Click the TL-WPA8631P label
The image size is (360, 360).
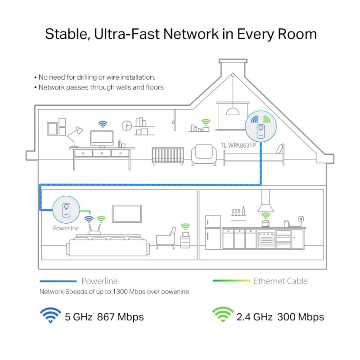point(238,145)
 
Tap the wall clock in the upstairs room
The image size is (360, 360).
point(127,126)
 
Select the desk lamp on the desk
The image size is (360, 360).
point(75,137)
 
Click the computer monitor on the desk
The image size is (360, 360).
point(102,139)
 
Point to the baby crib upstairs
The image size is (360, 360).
point(168,156)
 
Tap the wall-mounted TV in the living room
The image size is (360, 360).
point(127,214)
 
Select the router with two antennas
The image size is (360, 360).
point(94,229)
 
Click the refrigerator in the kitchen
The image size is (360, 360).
point(213,232)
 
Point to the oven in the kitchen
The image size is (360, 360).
point(266,239)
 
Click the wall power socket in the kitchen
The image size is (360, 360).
point(301,219)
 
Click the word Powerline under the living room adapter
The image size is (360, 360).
point(66,228)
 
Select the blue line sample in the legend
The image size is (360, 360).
point(58,281)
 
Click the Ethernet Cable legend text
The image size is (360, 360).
point(280,281)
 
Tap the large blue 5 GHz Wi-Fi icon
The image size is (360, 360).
point(50,315)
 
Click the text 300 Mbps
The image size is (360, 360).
point(301,317)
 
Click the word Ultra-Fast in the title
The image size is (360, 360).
point(127,34)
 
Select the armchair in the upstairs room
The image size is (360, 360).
point(204,154)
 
